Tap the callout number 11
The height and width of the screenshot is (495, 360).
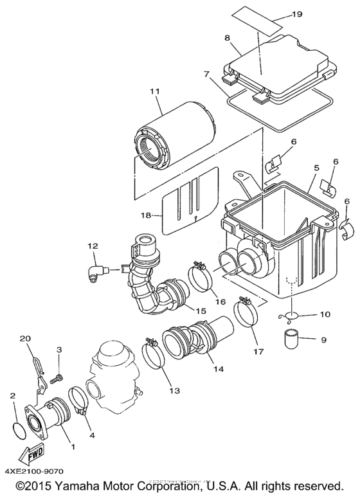click(x=154, y=92)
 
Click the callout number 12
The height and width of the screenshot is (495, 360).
click(x=93, y=245)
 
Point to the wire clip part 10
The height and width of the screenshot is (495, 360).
click(x=287, y=316)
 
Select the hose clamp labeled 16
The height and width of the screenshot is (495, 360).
click(x=201, y=274)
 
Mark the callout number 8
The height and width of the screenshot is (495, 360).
click(x=228, y=38)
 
